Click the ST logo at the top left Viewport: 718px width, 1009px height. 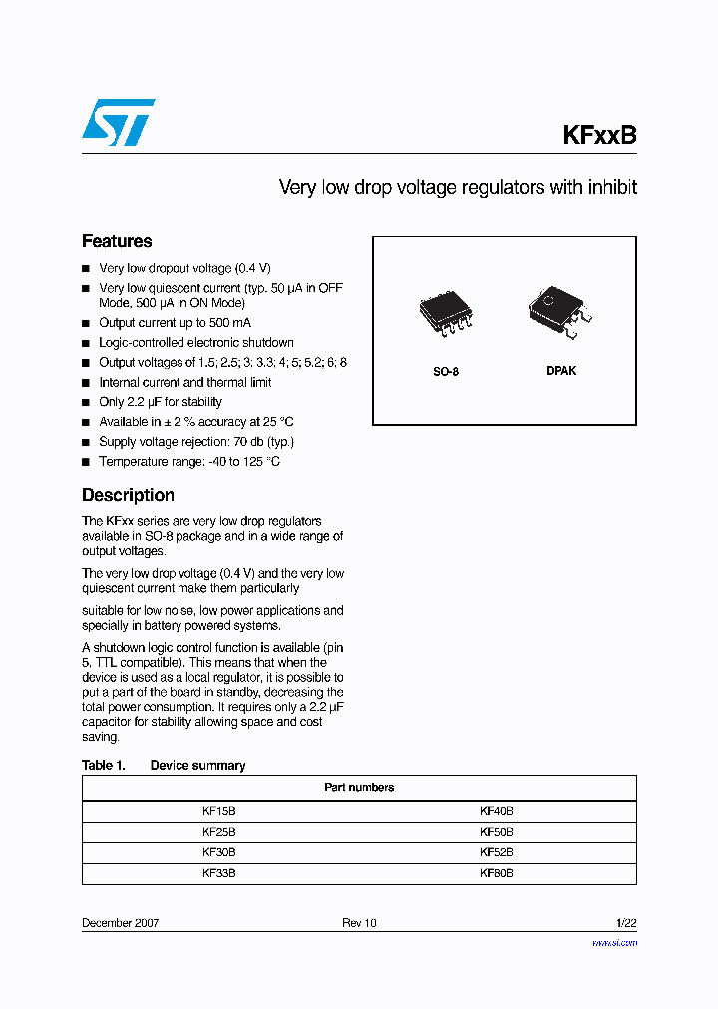[118, 122]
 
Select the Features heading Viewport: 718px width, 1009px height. [117, 241]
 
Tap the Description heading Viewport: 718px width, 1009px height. [128, 495]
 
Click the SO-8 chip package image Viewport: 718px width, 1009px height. [446, 315]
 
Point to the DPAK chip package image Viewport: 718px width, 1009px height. [559, 310]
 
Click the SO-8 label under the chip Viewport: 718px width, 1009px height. [446, 371]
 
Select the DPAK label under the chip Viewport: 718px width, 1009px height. [561, 371]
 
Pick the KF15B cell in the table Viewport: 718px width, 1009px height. [218, 812]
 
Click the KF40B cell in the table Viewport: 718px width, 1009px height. [496, 812]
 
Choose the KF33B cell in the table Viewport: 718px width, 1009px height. [218, 873]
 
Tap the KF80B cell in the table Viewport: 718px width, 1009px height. [496, 873]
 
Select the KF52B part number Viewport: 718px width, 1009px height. [496, 852]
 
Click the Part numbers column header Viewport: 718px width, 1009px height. [359, 787]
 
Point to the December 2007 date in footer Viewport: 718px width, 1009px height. [120, 923]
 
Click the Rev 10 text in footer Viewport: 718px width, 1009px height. [359, 923]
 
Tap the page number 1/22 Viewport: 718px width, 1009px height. [625, 923]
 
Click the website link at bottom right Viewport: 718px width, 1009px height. [614, 942]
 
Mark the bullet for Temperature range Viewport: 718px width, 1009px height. [86, 462]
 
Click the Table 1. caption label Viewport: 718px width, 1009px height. [103, 765]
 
